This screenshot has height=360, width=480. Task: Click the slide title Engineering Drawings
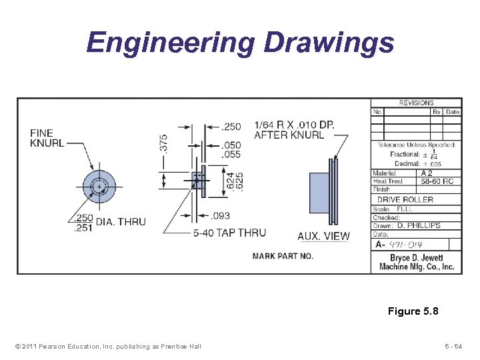240,43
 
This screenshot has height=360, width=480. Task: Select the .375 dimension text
164,142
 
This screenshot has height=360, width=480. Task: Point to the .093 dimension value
221,216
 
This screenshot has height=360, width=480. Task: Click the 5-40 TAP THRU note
229,233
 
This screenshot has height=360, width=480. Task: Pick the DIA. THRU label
121,221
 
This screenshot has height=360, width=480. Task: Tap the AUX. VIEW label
323,235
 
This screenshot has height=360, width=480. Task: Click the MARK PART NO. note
283,256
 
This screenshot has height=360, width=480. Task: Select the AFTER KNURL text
289,135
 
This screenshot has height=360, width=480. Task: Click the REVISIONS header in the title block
416,103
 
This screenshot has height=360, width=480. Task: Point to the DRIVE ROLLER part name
405,199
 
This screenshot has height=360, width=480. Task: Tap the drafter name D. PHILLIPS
419,225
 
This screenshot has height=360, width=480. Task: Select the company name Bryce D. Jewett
417,258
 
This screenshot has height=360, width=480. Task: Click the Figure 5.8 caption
413,311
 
